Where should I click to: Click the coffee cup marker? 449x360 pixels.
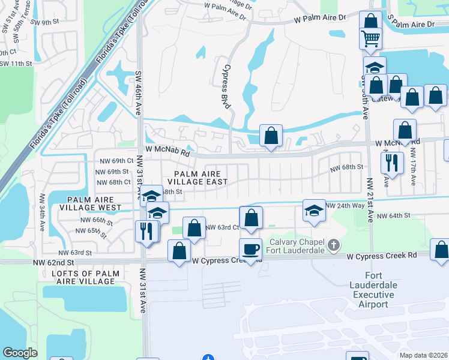tap(250, 248)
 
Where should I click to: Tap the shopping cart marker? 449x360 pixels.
tap(371, 39)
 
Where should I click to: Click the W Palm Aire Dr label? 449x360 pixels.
tap(321, 19)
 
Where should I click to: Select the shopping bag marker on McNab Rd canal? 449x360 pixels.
tap(271, 135)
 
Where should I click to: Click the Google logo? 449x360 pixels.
tap(20, 353)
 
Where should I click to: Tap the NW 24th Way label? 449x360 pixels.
tap(345, 205)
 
